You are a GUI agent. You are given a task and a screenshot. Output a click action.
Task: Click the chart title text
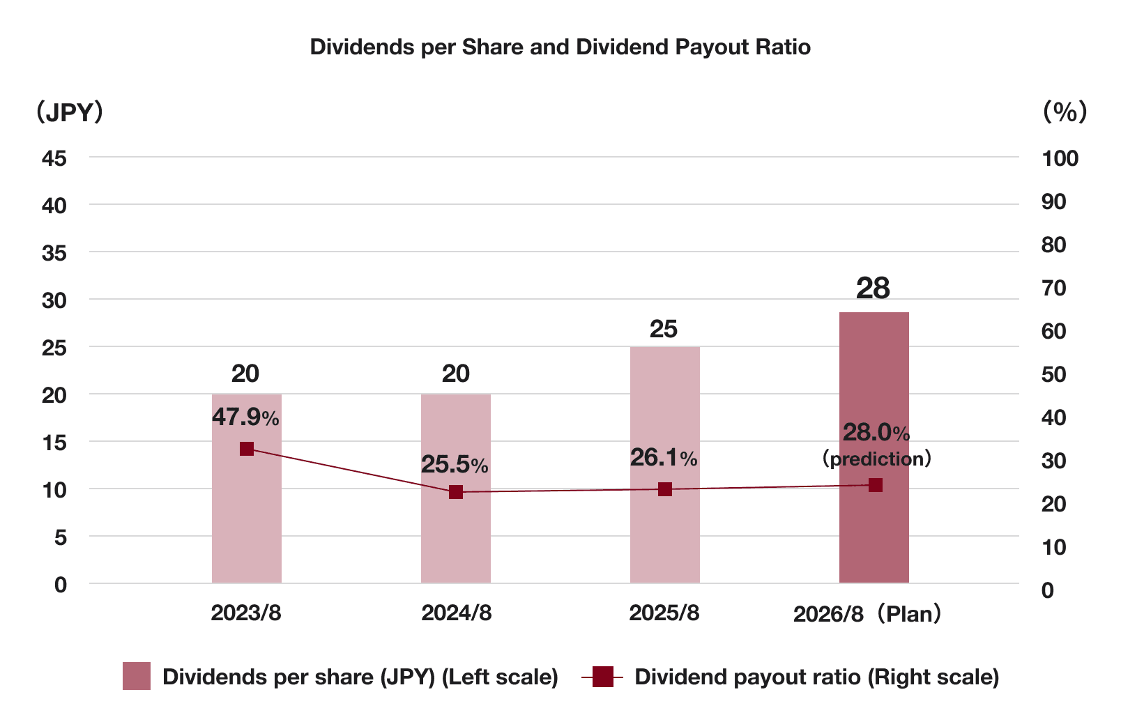tap(560, 47)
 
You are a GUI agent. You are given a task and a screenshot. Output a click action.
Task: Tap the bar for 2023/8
tap(246, 523)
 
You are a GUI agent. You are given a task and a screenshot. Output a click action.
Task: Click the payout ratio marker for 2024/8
tap(456, 492)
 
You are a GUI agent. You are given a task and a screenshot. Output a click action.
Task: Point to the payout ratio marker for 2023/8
tap(246, 449)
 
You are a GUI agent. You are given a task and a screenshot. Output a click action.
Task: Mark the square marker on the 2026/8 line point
tap(876, 485)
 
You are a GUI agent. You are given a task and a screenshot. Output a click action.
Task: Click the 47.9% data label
tap(245, 417)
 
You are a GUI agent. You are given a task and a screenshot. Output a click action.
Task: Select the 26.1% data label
tap(663, 458)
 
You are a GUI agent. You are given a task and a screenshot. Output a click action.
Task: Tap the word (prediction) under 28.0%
tap(876, 459)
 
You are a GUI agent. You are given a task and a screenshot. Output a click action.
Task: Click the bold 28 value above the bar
tap(873, 289)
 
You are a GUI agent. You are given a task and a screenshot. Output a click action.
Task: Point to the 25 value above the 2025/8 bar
tap(663, 329)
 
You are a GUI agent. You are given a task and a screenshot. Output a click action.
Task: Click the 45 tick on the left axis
tap(54, 158)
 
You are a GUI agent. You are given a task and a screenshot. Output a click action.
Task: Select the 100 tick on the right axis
tap(1060, 158)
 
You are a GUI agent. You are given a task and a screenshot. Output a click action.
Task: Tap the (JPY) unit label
tap(70, 112)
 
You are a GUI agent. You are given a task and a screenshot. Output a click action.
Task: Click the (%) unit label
tap(1065, 112)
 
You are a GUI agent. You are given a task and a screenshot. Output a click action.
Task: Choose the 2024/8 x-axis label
tap(456, 613)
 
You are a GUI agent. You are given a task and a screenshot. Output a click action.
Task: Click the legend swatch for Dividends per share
tap(137, 676)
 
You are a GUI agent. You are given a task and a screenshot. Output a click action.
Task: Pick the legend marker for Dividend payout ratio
tap(602, 676)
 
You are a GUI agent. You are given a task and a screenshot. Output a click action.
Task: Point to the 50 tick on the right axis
tap(1053, 374)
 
